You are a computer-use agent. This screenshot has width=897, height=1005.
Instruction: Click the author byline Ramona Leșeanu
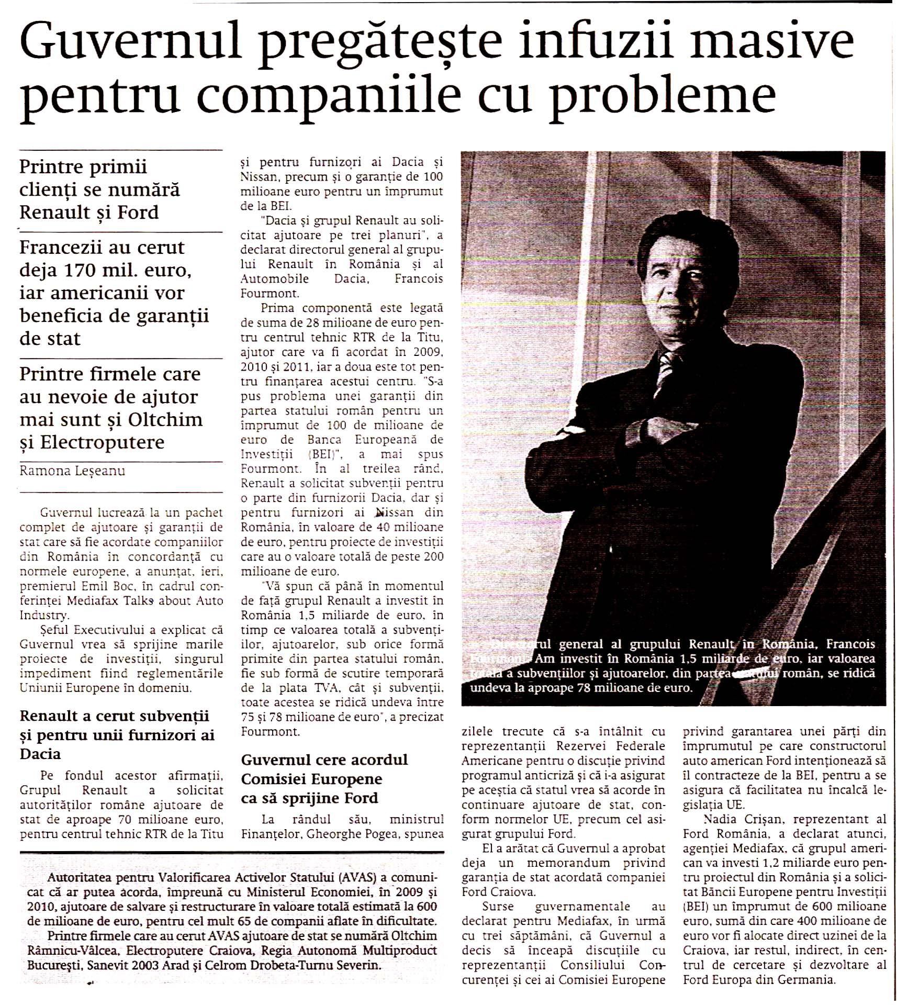point(72,471)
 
